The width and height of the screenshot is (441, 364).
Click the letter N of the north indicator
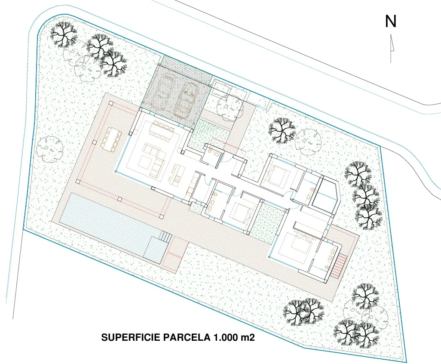click(x=390, y=21)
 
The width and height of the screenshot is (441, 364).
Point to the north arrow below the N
click(x=391, y=48)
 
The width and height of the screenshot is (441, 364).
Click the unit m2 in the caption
click(x=248, y=337)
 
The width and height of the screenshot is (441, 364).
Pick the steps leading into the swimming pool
click(x=165, y=237)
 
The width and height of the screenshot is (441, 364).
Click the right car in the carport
click(x=186, y=100)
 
